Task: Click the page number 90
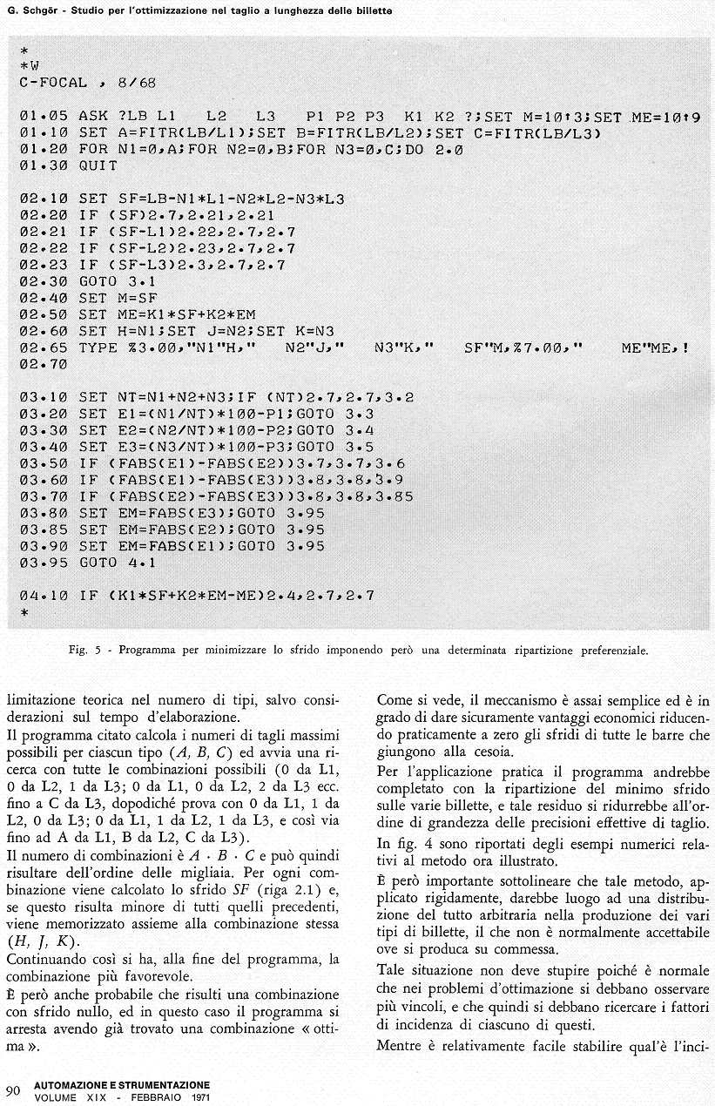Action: tap(13, 1091)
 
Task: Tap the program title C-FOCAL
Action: tap(52, 83)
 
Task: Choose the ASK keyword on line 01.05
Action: tap(92, 116)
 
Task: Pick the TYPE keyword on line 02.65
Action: tap(98, 347)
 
